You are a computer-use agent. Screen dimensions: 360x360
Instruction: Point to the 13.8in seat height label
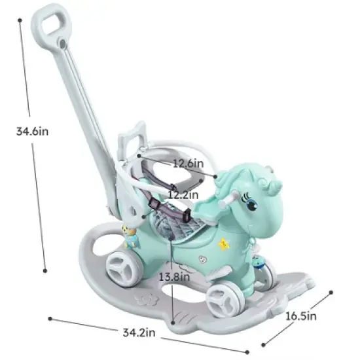click(172, 276)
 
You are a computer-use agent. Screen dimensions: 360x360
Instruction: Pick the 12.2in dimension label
click(184, 194)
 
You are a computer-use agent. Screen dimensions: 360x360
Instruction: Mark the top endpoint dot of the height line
click(21, 20)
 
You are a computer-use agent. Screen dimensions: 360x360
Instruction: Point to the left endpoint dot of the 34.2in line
click(50, 319)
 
